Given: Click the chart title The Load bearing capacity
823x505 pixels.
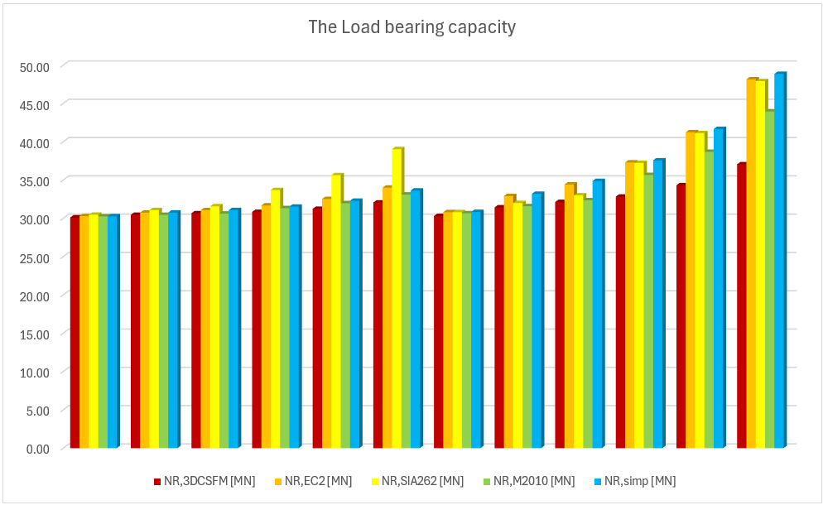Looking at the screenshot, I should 411,27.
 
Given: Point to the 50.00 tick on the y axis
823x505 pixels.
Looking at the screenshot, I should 34,66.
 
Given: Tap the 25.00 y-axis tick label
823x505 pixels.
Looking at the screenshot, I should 34,257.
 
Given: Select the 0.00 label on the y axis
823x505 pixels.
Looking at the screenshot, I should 37,449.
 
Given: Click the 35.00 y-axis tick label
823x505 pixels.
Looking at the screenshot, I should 34,180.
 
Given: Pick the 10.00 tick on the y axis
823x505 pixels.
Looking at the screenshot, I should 34,372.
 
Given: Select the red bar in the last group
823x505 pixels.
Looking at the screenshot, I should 741,306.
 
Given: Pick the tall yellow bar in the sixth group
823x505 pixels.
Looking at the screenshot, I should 397,298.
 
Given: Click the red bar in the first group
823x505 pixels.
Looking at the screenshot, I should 75,332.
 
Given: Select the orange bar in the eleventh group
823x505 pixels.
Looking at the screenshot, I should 691,290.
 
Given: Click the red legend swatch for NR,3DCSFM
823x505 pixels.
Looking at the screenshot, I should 157,481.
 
